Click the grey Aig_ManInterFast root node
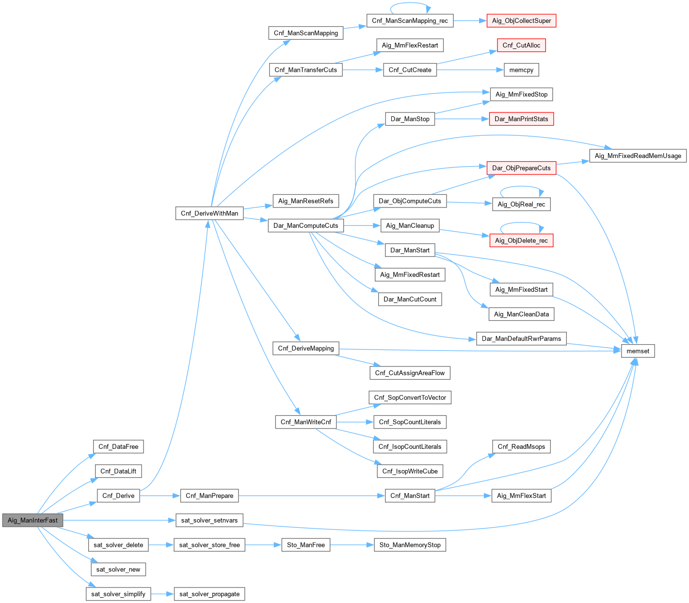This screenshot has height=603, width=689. [x=32, y=520]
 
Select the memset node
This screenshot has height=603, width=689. [x=638, y=351]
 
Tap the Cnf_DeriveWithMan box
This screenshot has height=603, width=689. [x=209, y=213]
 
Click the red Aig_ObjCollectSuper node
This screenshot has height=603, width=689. [x=521, y=21]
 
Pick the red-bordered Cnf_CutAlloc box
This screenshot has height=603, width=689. [x=521, y=45]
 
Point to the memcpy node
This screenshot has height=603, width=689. [x=521, y=70]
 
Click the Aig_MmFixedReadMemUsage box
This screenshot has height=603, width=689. [x=638, y=156]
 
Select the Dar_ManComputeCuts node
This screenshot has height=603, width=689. [x=305, y=225]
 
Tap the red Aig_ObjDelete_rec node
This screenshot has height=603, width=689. [x=521, y=240]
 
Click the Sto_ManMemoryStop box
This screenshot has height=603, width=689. [x=410, y=545]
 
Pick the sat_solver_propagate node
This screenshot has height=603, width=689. [x=209, y=594]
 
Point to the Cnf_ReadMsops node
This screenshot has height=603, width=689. [x=521, y=446]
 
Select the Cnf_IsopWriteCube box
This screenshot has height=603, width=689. [x=410, y=471]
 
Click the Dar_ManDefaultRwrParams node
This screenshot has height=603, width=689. [x=521, y=338]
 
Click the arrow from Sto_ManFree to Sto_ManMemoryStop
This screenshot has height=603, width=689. [x=352, y=545]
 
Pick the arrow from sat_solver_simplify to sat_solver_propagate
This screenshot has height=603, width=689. [x=162, y=594]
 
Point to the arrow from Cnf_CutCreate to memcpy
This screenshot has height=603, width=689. [x=470, y=70]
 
